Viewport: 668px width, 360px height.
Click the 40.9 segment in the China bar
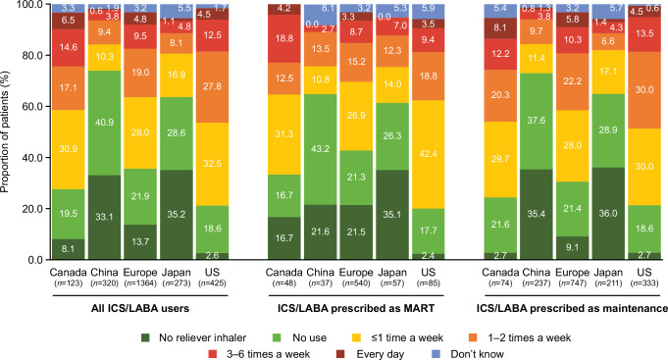tap(105, 123)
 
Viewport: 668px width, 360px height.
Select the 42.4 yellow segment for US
tap(428, 154)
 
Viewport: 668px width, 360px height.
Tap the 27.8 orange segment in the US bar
tap(212, 87)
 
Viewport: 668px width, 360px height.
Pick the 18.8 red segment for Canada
tap(284, 39)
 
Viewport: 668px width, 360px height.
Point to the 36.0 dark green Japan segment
tap(608, 214)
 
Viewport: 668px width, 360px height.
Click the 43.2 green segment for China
tap(320, 149)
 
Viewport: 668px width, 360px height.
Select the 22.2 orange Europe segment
tap(572, 81)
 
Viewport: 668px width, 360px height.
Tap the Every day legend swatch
tap(341, 354)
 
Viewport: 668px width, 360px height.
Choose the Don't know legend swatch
tap(443, 354)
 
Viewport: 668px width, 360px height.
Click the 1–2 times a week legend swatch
tap(473, 337)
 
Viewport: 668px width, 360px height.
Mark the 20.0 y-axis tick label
tap(32, 209)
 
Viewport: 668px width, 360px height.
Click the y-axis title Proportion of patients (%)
tap(5, 132)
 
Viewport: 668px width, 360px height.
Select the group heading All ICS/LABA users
tap(140, 308)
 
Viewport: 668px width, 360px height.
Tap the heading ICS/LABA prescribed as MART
tap(356, 308)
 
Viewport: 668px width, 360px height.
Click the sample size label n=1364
tap(139, 283)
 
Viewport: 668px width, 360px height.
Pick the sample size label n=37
tap(320, 283)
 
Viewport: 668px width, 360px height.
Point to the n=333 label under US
tap(644, 283)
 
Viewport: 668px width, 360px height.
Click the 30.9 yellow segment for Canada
tap(68, 150)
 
